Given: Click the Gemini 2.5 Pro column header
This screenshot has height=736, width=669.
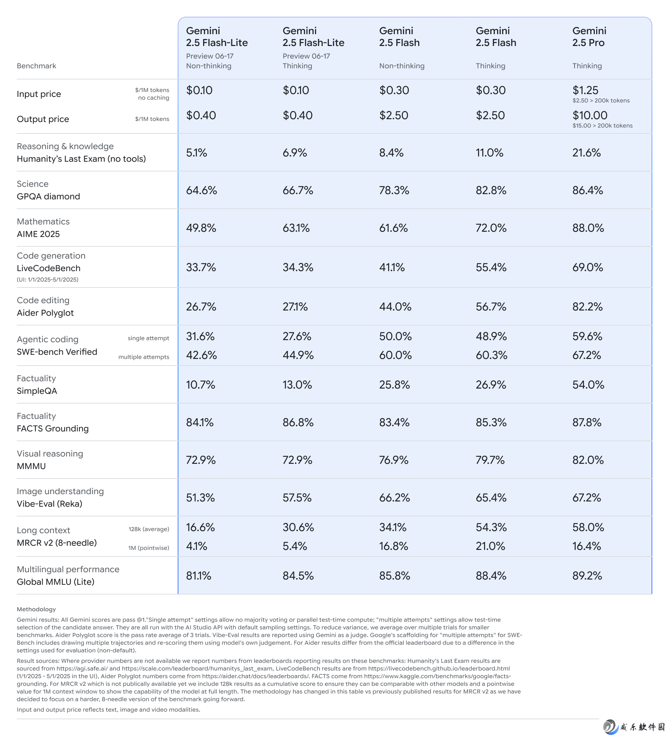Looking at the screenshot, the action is point(589,37).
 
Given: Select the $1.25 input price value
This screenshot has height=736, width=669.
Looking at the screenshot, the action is point(585,90).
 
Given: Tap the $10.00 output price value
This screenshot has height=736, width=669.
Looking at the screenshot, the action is point(590,115).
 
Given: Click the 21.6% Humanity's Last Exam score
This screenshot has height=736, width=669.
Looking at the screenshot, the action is point(586,153).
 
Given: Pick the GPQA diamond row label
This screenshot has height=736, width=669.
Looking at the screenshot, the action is point(48,197).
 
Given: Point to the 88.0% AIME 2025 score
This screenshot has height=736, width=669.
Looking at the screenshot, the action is point(588,228).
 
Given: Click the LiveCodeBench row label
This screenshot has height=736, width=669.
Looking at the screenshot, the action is point(48,268).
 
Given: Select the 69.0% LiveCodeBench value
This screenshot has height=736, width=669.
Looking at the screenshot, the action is point(587,267).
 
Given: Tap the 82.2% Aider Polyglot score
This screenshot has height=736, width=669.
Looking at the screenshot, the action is point(587,307).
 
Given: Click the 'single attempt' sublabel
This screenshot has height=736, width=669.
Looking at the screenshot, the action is point(148,338).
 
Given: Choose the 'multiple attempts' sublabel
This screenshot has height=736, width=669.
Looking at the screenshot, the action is point(144,357).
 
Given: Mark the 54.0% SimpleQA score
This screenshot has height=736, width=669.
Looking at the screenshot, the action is point(588,385).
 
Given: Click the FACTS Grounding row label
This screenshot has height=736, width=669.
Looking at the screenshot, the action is point(53,429).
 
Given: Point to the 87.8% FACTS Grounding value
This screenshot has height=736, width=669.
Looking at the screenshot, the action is point(587,422).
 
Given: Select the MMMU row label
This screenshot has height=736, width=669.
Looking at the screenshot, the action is point(31,466).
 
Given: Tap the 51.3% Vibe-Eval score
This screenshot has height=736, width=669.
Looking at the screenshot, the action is point(200,498).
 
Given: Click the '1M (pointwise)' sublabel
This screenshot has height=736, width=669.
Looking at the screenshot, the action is point(148,548).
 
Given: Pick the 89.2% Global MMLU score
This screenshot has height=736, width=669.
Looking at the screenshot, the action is point(587,576).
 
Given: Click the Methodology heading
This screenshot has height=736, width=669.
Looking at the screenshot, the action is point(36,609).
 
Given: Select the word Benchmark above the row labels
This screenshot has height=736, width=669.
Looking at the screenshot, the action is point(37,66).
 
